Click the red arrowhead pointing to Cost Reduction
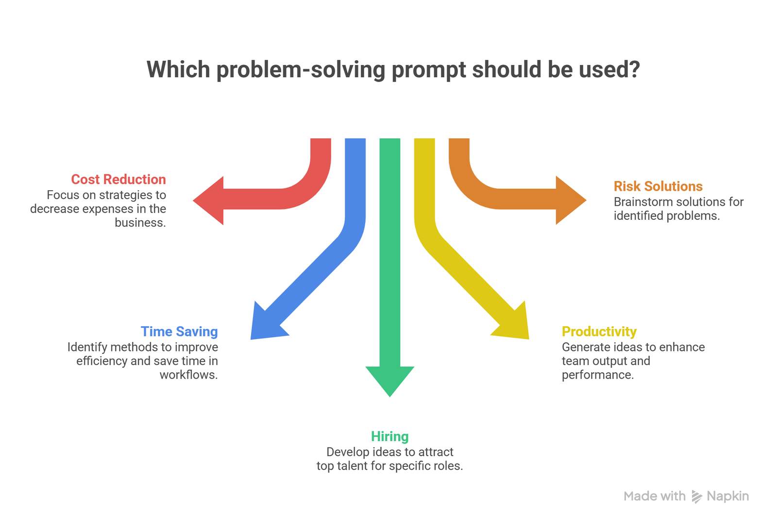pyautogui.click(x=210, y=200)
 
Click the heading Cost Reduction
pyautogui.click(x=118, y=180)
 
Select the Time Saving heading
pyautogui.click(x=179, y=331)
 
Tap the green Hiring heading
pyautogui.click(x=389, y=436)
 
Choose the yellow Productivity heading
pyautogui.click(x=599, y=331)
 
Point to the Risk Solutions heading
pyautogui.click(x=658, y=186)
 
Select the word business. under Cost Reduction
pyautogui.click(x=140, y=223)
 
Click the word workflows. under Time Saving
pyautogui.click(x=188, y=375)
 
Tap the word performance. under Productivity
pyautogui.click(x=597, y=375)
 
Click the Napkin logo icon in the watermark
pyautogui.click(x=696, y=496)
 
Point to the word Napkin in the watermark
pyautogui.click(x=727, y=496)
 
